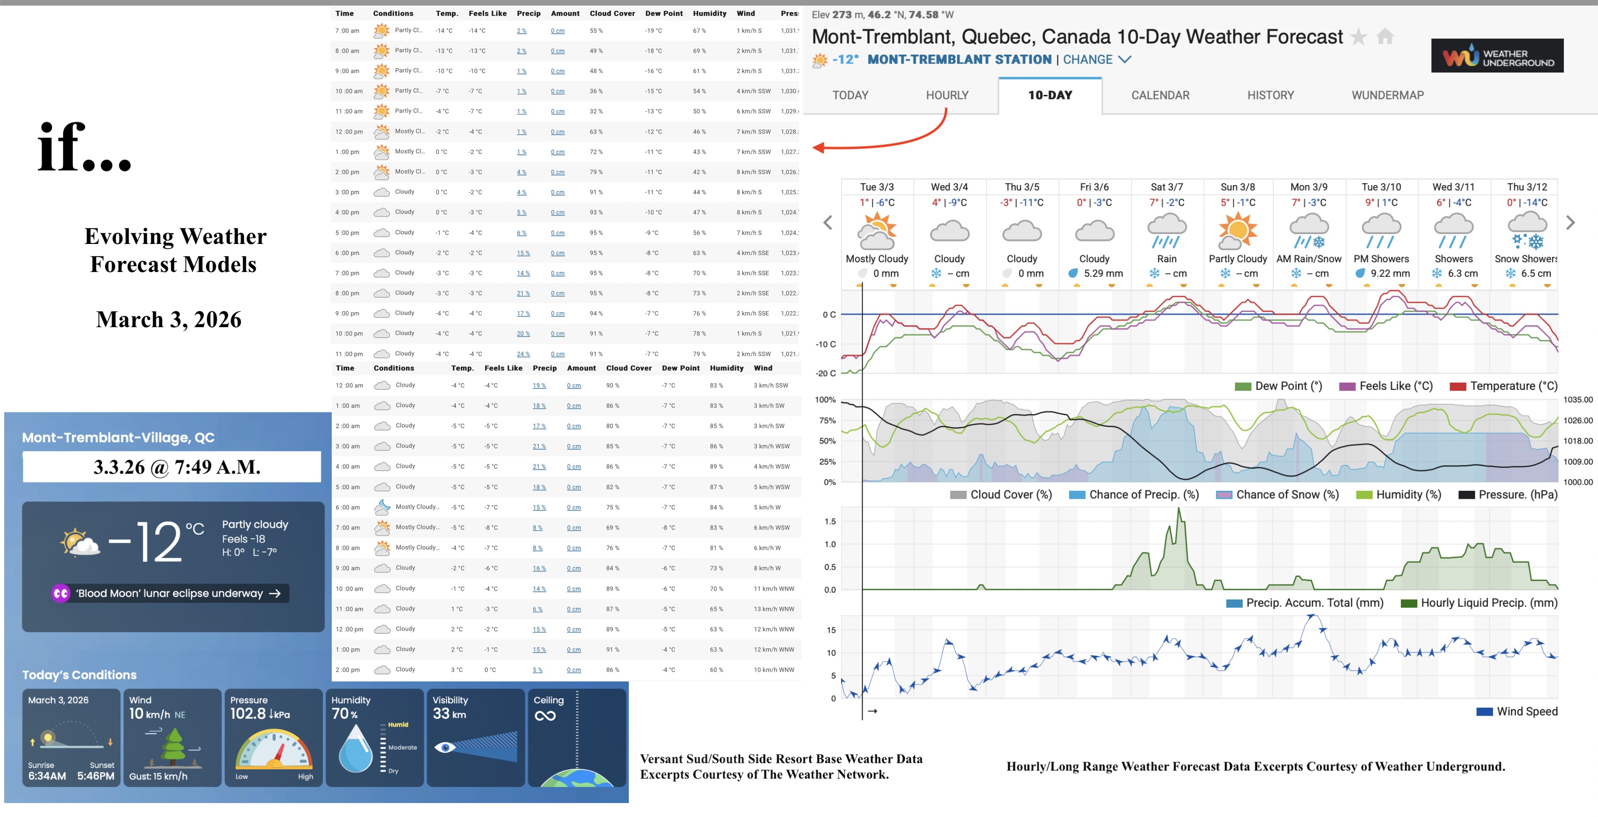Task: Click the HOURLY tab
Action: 947,95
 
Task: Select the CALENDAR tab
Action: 1160,95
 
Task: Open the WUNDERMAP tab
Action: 1387,95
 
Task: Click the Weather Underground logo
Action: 1497,56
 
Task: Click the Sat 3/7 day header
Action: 1166,187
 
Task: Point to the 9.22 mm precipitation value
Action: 1390,273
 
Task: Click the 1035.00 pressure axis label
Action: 1577,400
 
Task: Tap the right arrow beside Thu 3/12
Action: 1570,222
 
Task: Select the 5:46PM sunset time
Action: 95,775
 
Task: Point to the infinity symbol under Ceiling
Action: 545,716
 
